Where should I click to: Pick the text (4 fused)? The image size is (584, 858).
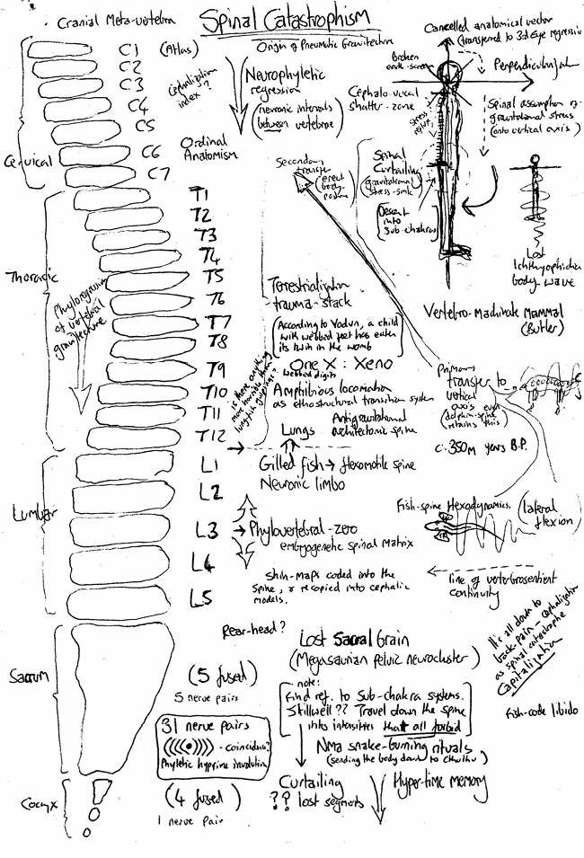207,794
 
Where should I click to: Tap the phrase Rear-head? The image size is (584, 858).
249,632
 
